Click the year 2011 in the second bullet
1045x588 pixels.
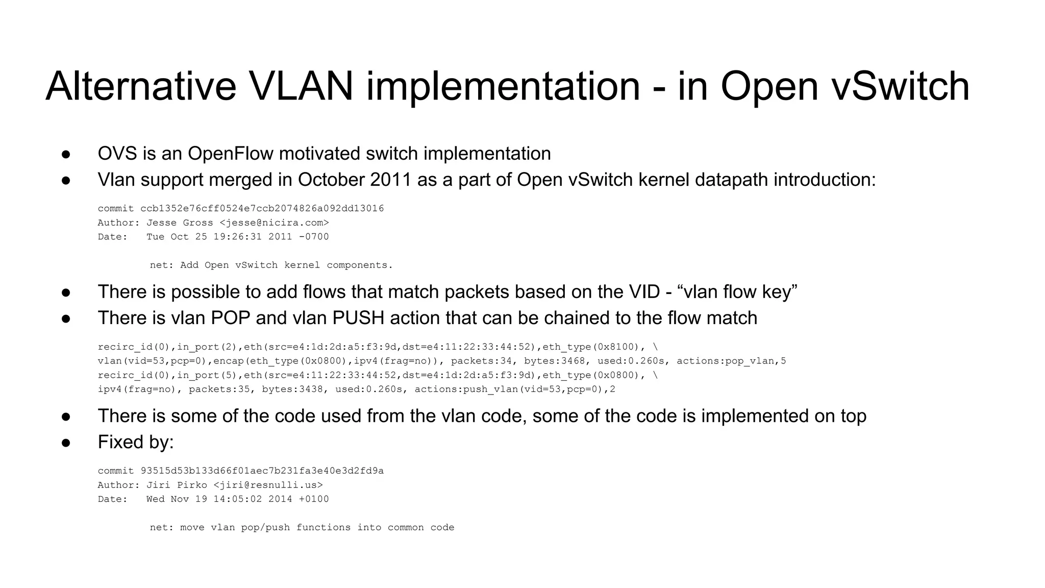tap(391, 180)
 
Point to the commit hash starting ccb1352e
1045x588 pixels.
tap(262, 209)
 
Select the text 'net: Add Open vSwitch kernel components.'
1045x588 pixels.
tap(271, 265)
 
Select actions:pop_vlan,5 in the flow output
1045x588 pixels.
tap(731, 361)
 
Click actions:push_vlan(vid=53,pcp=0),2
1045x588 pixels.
tap(515, 389)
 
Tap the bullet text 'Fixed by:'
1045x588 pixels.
tap(136, 442)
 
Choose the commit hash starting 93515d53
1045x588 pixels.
tap(262, 471)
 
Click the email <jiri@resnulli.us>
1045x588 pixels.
tap(268, 485)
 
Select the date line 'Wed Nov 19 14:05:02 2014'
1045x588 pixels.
tap(219, 499)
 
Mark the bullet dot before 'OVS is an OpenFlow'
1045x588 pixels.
tap(66, 154)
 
